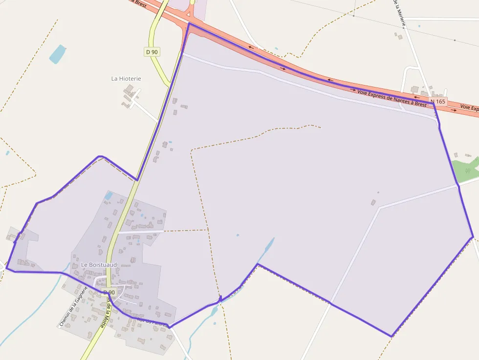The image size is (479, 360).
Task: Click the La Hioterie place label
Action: click(126, 78)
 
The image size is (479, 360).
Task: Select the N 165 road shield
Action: click(438, 102)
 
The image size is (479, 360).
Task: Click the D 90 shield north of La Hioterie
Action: click(152, 51)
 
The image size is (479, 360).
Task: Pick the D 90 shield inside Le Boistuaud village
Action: click(109, 292)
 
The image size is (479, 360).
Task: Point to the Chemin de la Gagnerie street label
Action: click(73, 306)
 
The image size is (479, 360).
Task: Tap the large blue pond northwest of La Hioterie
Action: click(57, 54)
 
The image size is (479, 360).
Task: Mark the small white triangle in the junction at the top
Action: click(188, 14)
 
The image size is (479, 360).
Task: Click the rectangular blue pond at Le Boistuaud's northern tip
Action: click(109, 196)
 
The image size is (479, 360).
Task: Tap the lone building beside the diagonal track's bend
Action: click(373, 202)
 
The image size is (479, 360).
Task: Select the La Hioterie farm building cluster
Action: click(130, 96)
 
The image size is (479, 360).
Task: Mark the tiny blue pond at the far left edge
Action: click(7, 153)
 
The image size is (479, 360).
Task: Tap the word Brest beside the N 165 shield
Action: click(419, 104)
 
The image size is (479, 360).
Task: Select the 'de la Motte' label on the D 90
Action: click(105, 313)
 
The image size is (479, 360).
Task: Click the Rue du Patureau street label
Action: click(152, 322)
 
